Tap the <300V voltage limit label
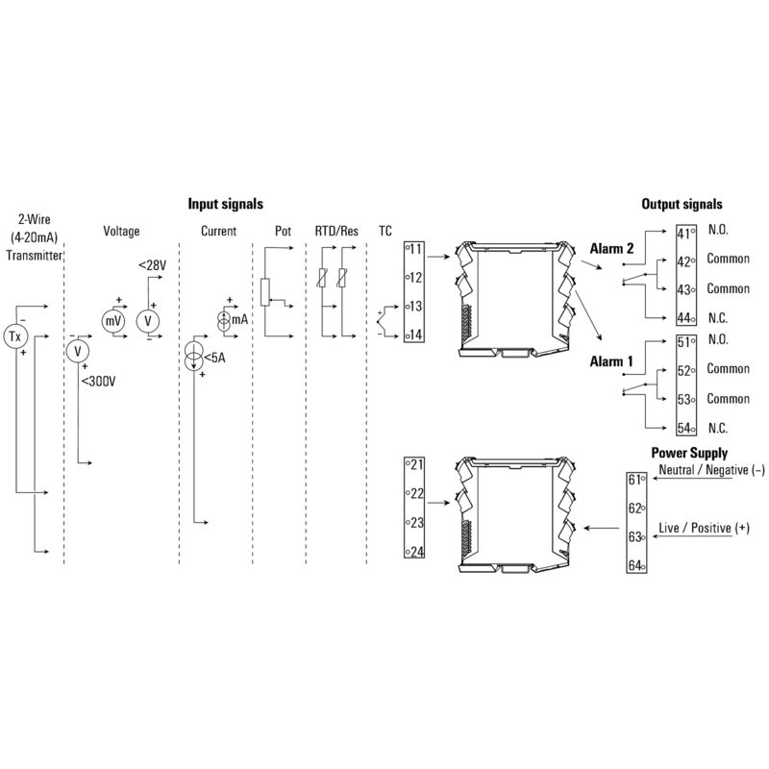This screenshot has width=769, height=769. coord(99,381)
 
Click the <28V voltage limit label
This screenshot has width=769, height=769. coord(153,265)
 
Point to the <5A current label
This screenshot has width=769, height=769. coord(214,358)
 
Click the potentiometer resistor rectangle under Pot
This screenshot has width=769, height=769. coord(265,292)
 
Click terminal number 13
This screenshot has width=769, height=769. coord(416,306)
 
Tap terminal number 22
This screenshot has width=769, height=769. coord(417,493)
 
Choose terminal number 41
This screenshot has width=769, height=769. coord(683,234)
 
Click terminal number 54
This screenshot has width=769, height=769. coord(684,428)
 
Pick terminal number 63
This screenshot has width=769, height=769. coord(635,536)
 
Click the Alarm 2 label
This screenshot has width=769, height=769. coord(611,249)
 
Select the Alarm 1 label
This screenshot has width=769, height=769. coord(611,361)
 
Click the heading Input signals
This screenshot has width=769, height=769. coord(226,204)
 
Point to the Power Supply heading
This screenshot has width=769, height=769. coord(689,453)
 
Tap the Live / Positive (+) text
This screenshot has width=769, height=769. coord(705,528)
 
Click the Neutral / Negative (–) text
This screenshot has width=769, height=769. coord(711,470)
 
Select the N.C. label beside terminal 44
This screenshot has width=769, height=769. coord(718,318)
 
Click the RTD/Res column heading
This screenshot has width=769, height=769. coord(336,231)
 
